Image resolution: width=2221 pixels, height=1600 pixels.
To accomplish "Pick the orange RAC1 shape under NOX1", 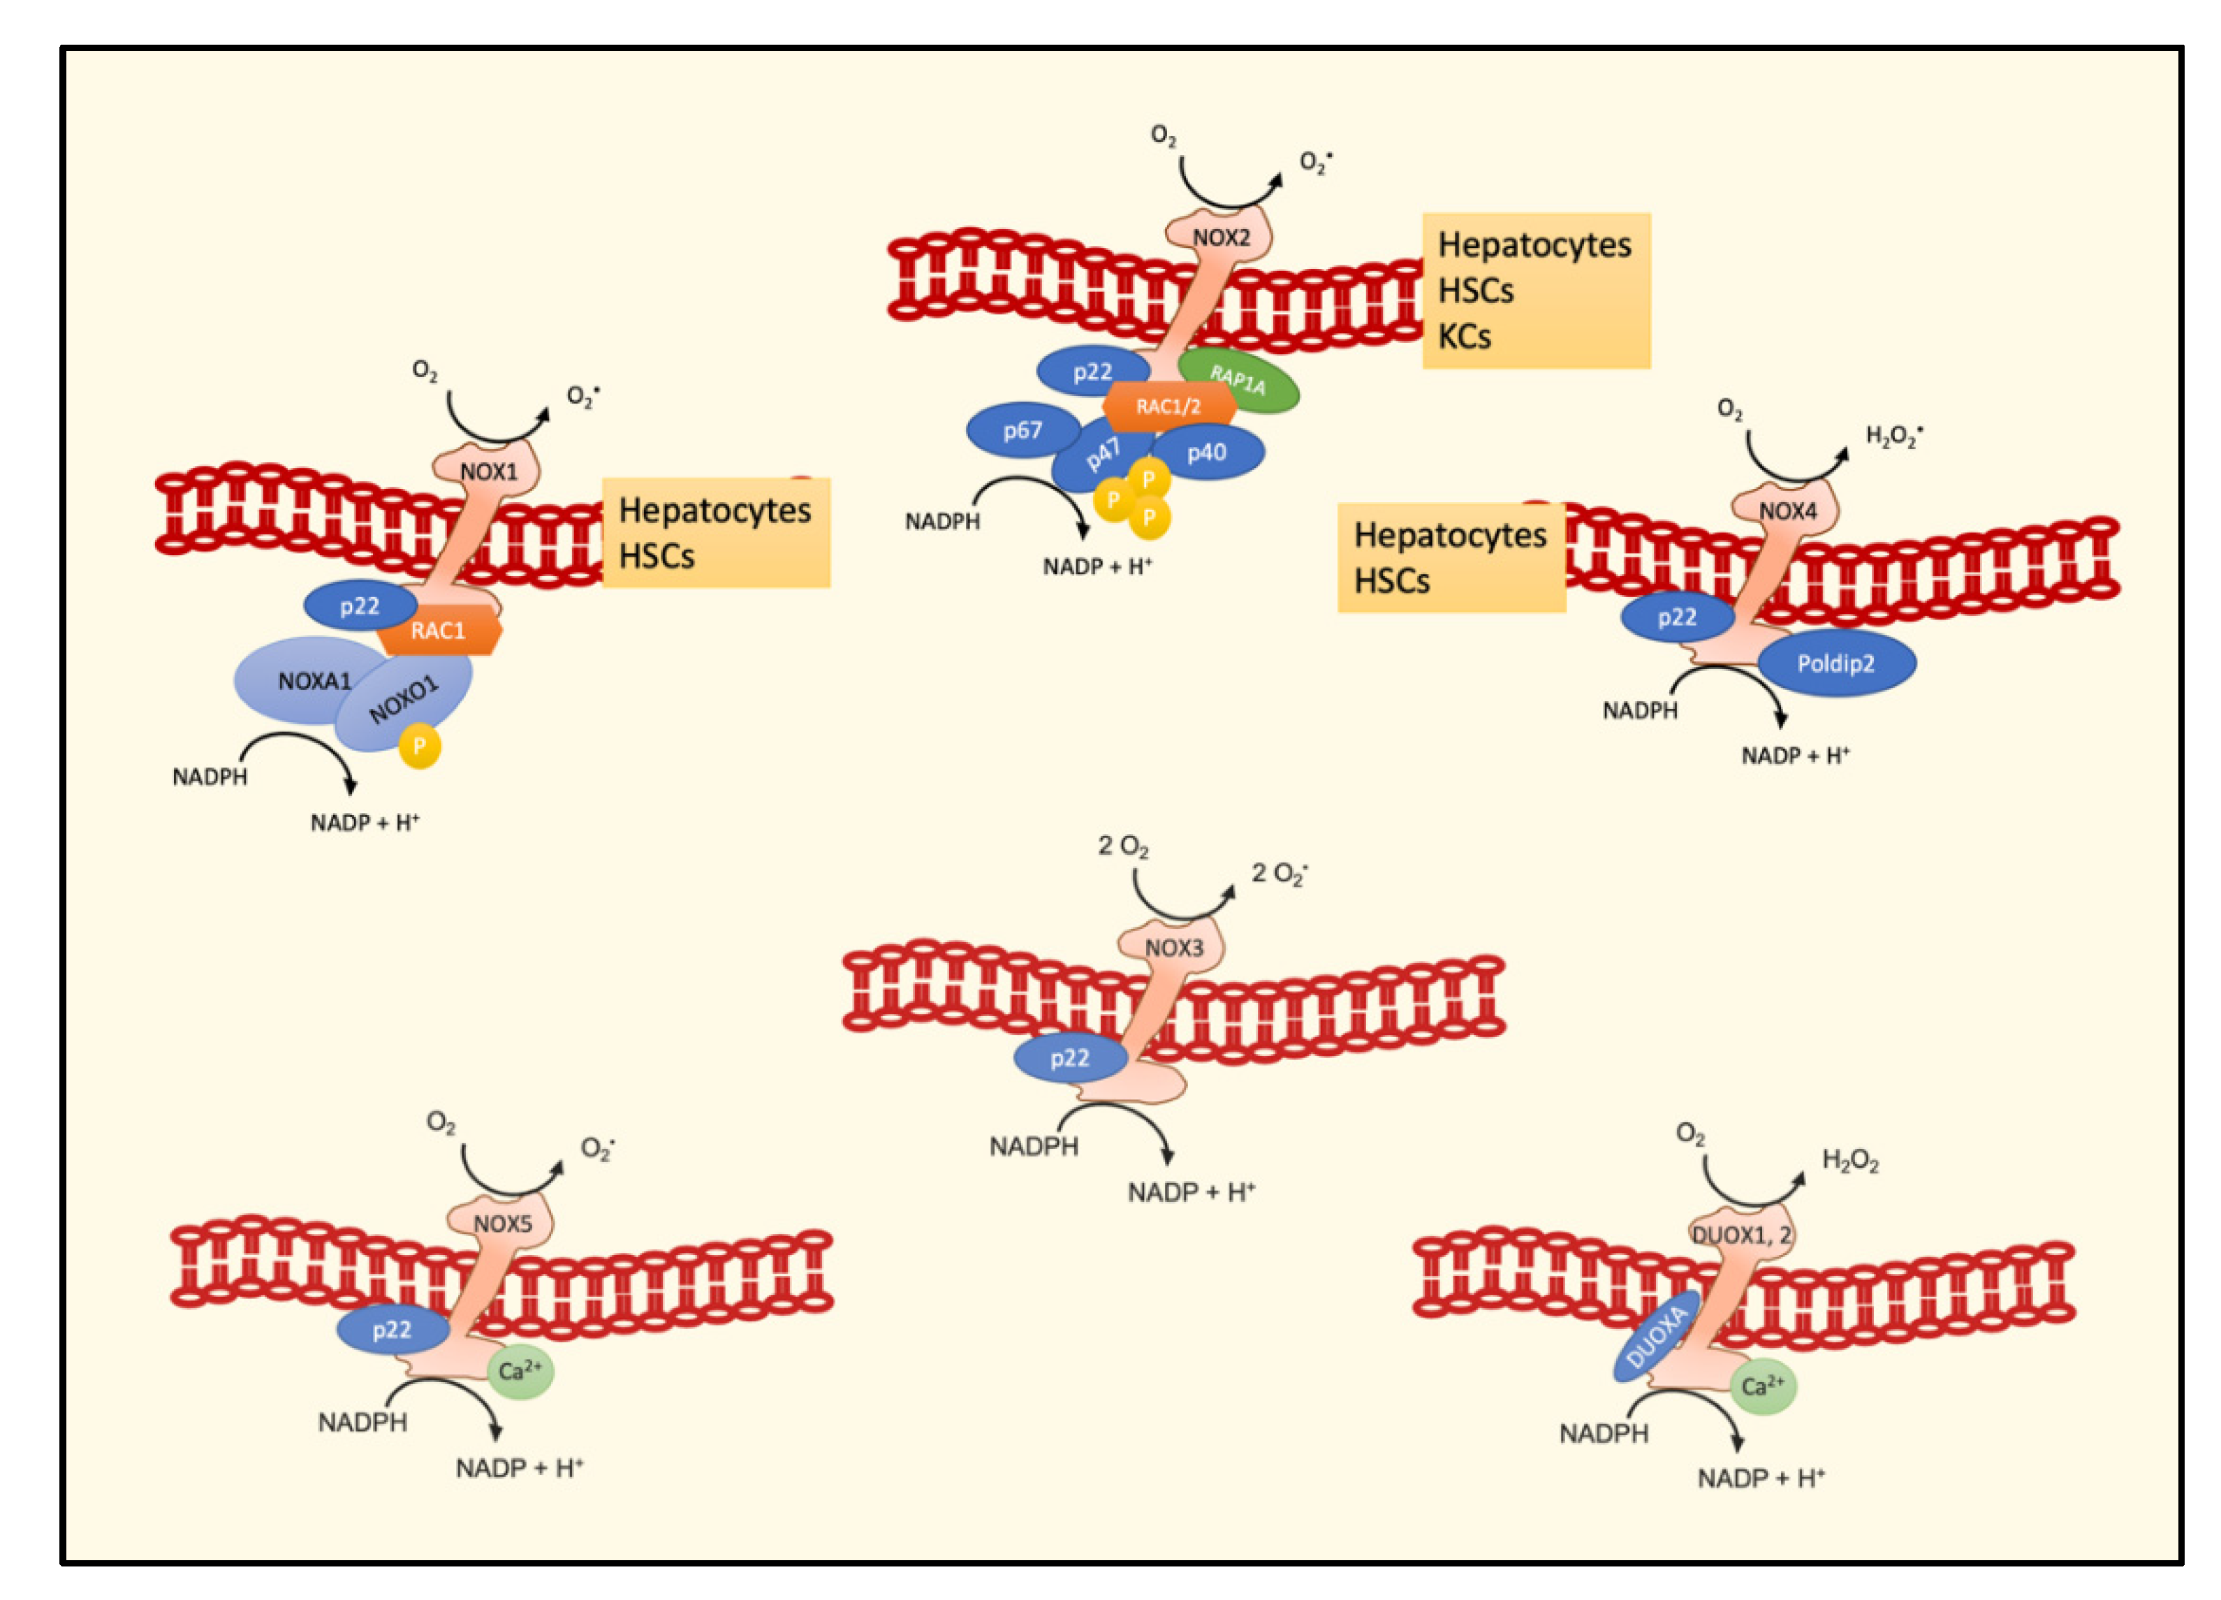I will pyautogui.click(x=439, y=631).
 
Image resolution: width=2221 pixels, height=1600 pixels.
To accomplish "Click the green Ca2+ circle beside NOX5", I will pyautogui.click(x=520, y=1370).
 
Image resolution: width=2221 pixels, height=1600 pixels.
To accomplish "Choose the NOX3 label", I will pyautogui.click(x=1173, y=948).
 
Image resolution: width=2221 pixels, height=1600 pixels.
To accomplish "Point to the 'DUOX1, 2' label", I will pyautogui.click(x=1741, y=1235).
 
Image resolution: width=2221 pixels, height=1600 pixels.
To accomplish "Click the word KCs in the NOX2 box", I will pyautogui.click(x=1464, y=337).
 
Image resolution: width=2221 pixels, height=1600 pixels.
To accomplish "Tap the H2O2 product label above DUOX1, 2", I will pyautogui.click(x=1849, y=1161).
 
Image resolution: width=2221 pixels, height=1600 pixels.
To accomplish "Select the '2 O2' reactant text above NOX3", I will pyautogui.click(x=1122, y=846).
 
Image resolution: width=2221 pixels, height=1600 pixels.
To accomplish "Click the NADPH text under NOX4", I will pyautogui.click(x=1639, y=711).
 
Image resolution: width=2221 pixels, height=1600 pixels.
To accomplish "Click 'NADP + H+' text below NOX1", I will pyautogui.click(x=365, y=823).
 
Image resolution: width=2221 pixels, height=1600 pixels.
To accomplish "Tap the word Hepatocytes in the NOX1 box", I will pyautogui.click(x=715, y=510).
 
